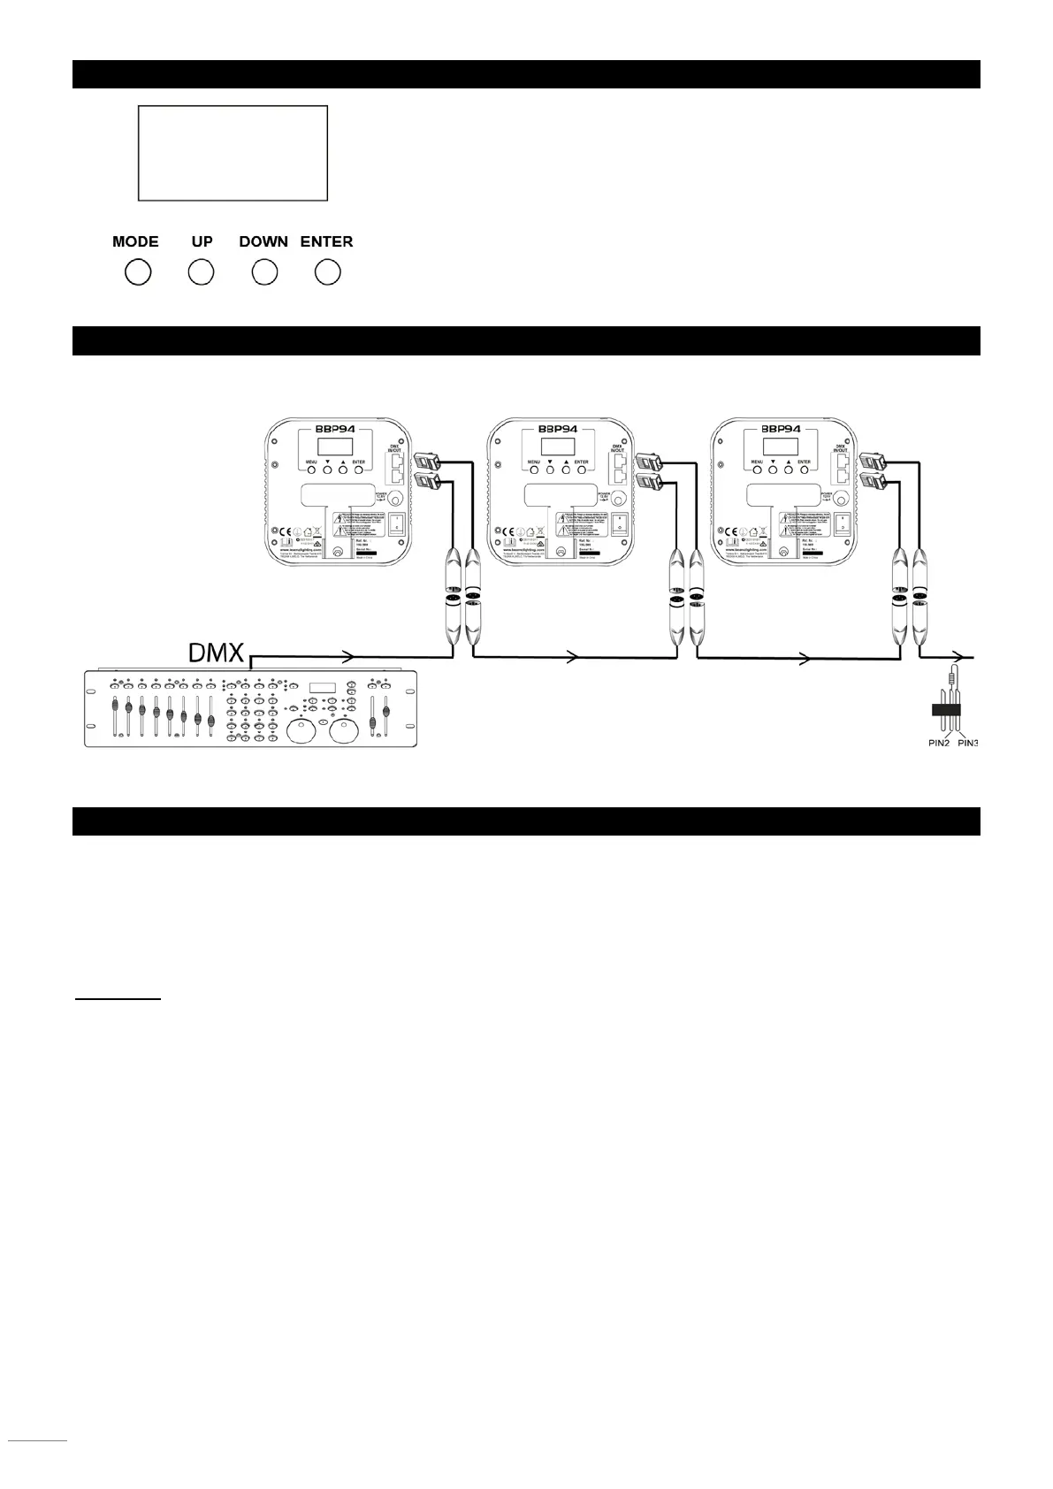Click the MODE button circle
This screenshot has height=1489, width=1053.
(138, 272)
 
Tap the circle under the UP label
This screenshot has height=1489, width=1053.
(202, 272)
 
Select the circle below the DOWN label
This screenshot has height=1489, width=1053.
(264, 272)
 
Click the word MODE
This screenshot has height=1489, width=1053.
(135, 241)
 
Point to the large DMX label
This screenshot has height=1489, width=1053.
(217, 653)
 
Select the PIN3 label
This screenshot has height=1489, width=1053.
(967, 743)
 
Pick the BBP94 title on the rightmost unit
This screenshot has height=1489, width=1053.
(779, 428)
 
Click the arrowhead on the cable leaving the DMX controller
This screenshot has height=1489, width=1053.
(349, 657)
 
